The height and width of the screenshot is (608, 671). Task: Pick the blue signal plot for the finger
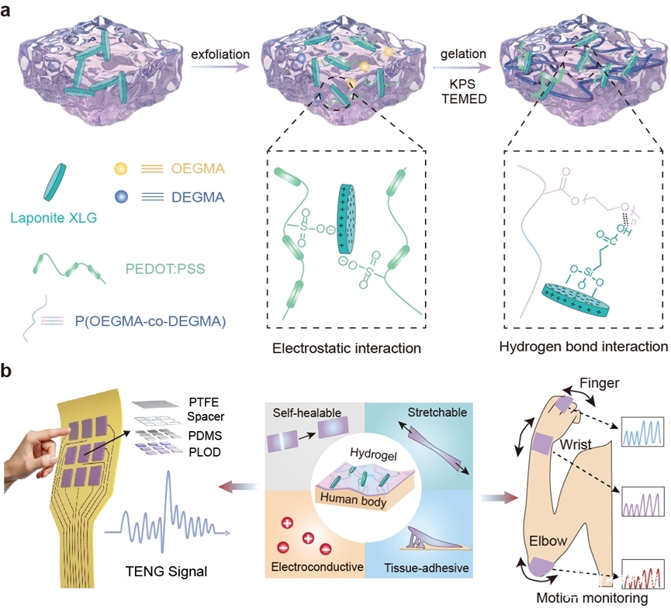pos(640,429)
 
